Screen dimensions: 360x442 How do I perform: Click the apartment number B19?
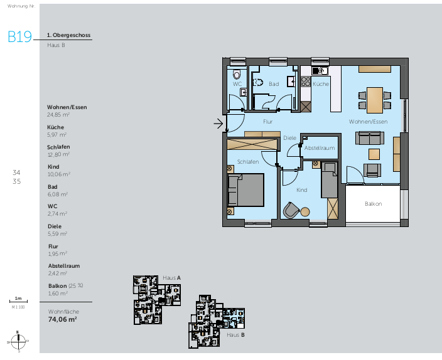click(x=19, y=36)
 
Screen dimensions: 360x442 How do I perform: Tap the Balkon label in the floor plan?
click(x=373, y=204)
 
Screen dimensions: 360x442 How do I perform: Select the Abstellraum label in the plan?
click(x=319, y=148)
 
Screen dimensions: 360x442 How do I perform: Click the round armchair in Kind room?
click(x=291, y=209)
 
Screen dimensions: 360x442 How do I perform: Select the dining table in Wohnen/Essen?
click(x=374, y=98)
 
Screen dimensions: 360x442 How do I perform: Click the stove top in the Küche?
click(x=306, y=82)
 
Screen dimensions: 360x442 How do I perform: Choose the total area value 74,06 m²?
click(x=62, y=319)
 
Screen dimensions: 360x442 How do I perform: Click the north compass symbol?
click(x=19, y=341)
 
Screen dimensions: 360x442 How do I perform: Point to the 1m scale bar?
click(x=18, y=302)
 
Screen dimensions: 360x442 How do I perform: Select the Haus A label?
click(x=171, y=277)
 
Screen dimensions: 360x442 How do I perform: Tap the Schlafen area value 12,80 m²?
click(x=58, y=154)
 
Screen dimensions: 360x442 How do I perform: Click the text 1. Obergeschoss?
click(x=69, y=36)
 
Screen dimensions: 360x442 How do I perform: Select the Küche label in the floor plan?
click(x=320, y=83)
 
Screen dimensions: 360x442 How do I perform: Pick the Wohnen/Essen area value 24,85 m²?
click(x=58, y=115)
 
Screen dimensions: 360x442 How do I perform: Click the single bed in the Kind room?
click(x=328, y=179)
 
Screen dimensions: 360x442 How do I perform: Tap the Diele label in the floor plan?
click(x=289, y=137)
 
